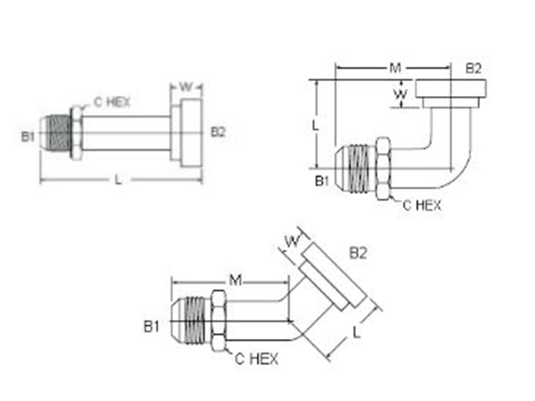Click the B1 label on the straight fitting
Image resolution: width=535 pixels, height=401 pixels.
click(x=28, y=136)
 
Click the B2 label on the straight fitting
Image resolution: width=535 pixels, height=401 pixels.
click(x=218, y=132)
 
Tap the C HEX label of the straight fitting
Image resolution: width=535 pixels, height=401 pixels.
click(x=111, y=102)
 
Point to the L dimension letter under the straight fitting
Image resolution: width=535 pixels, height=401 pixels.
click(x=118, y=180)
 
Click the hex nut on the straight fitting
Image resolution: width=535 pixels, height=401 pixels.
click(x=76, y=133)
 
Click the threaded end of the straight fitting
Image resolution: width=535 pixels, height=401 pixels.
click(x=56, y=133)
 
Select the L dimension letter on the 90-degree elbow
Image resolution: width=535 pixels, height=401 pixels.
click(x=315, y=126)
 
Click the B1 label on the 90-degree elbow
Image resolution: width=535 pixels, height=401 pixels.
click(x=322, y=181)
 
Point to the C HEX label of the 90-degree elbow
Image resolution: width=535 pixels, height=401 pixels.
click(x=422, y=205)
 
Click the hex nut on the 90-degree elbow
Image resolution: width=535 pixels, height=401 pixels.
click(x=383, y=169)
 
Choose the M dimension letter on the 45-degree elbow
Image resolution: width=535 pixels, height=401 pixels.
click(x=235, y=280)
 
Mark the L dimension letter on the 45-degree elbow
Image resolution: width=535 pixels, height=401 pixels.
click(x=357, y=332)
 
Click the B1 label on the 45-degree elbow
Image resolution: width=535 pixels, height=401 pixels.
click(x=152, y=327)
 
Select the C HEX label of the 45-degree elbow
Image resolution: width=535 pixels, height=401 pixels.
click(x=257, y=359)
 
